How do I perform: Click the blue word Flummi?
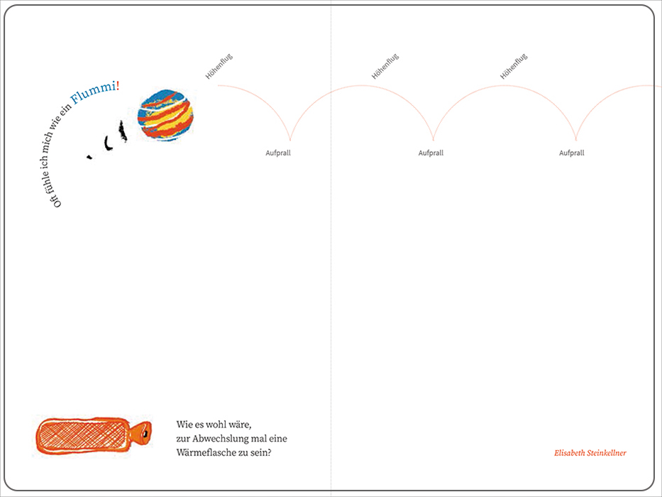(93, 93)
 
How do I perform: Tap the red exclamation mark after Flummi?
(118, 86)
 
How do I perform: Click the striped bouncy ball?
(165, 115)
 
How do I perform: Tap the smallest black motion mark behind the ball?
(89, 157)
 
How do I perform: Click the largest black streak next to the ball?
(123, 131)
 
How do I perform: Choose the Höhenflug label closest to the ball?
(219, 66)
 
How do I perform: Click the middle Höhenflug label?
(385, 66)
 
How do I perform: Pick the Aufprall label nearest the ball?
(278, 153)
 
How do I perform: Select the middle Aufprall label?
(431, 153)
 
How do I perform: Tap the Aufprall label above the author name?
(572, 153)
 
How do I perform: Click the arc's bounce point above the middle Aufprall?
(433, 140)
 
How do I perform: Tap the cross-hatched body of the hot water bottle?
(82, 437)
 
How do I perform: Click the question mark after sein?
(269, 453)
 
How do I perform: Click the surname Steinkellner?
(607, 453)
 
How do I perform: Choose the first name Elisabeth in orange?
(570, 453)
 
